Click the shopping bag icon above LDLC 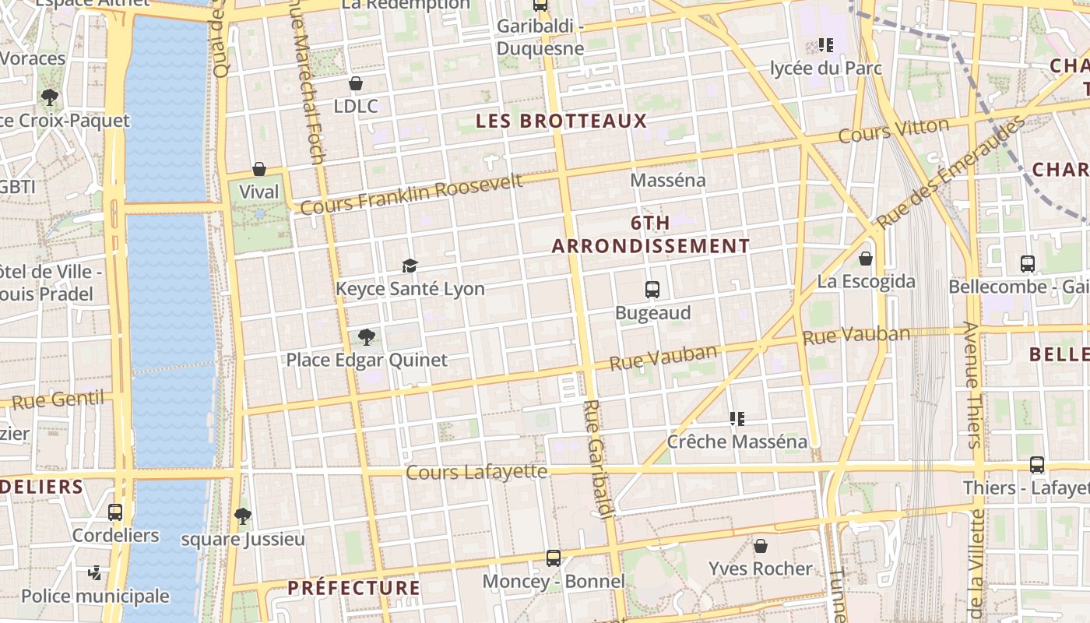(356, 83)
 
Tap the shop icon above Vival (259, 169)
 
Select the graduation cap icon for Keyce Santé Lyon (410, 266)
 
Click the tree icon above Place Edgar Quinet (366, 337)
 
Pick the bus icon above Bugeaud (652, 290)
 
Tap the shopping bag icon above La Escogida (865, 259)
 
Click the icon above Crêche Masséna (737, 419)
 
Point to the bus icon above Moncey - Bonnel (554, 558)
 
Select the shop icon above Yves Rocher (761, 546)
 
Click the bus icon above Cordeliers (115, 512)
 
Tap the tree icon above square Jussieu (243, 516)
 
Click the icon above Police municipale (94, 573)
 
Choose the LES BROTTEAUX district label (561, 121)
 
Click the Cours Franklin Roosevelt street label (411, 195)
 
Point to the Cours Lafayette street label (476, 472)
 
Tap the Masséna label (668, 180)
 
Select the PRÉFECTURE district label (354, 588)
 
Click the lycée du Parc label (825, 69)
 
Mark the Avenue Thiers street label (973, 385)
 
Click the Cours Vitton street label (894, 131)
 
